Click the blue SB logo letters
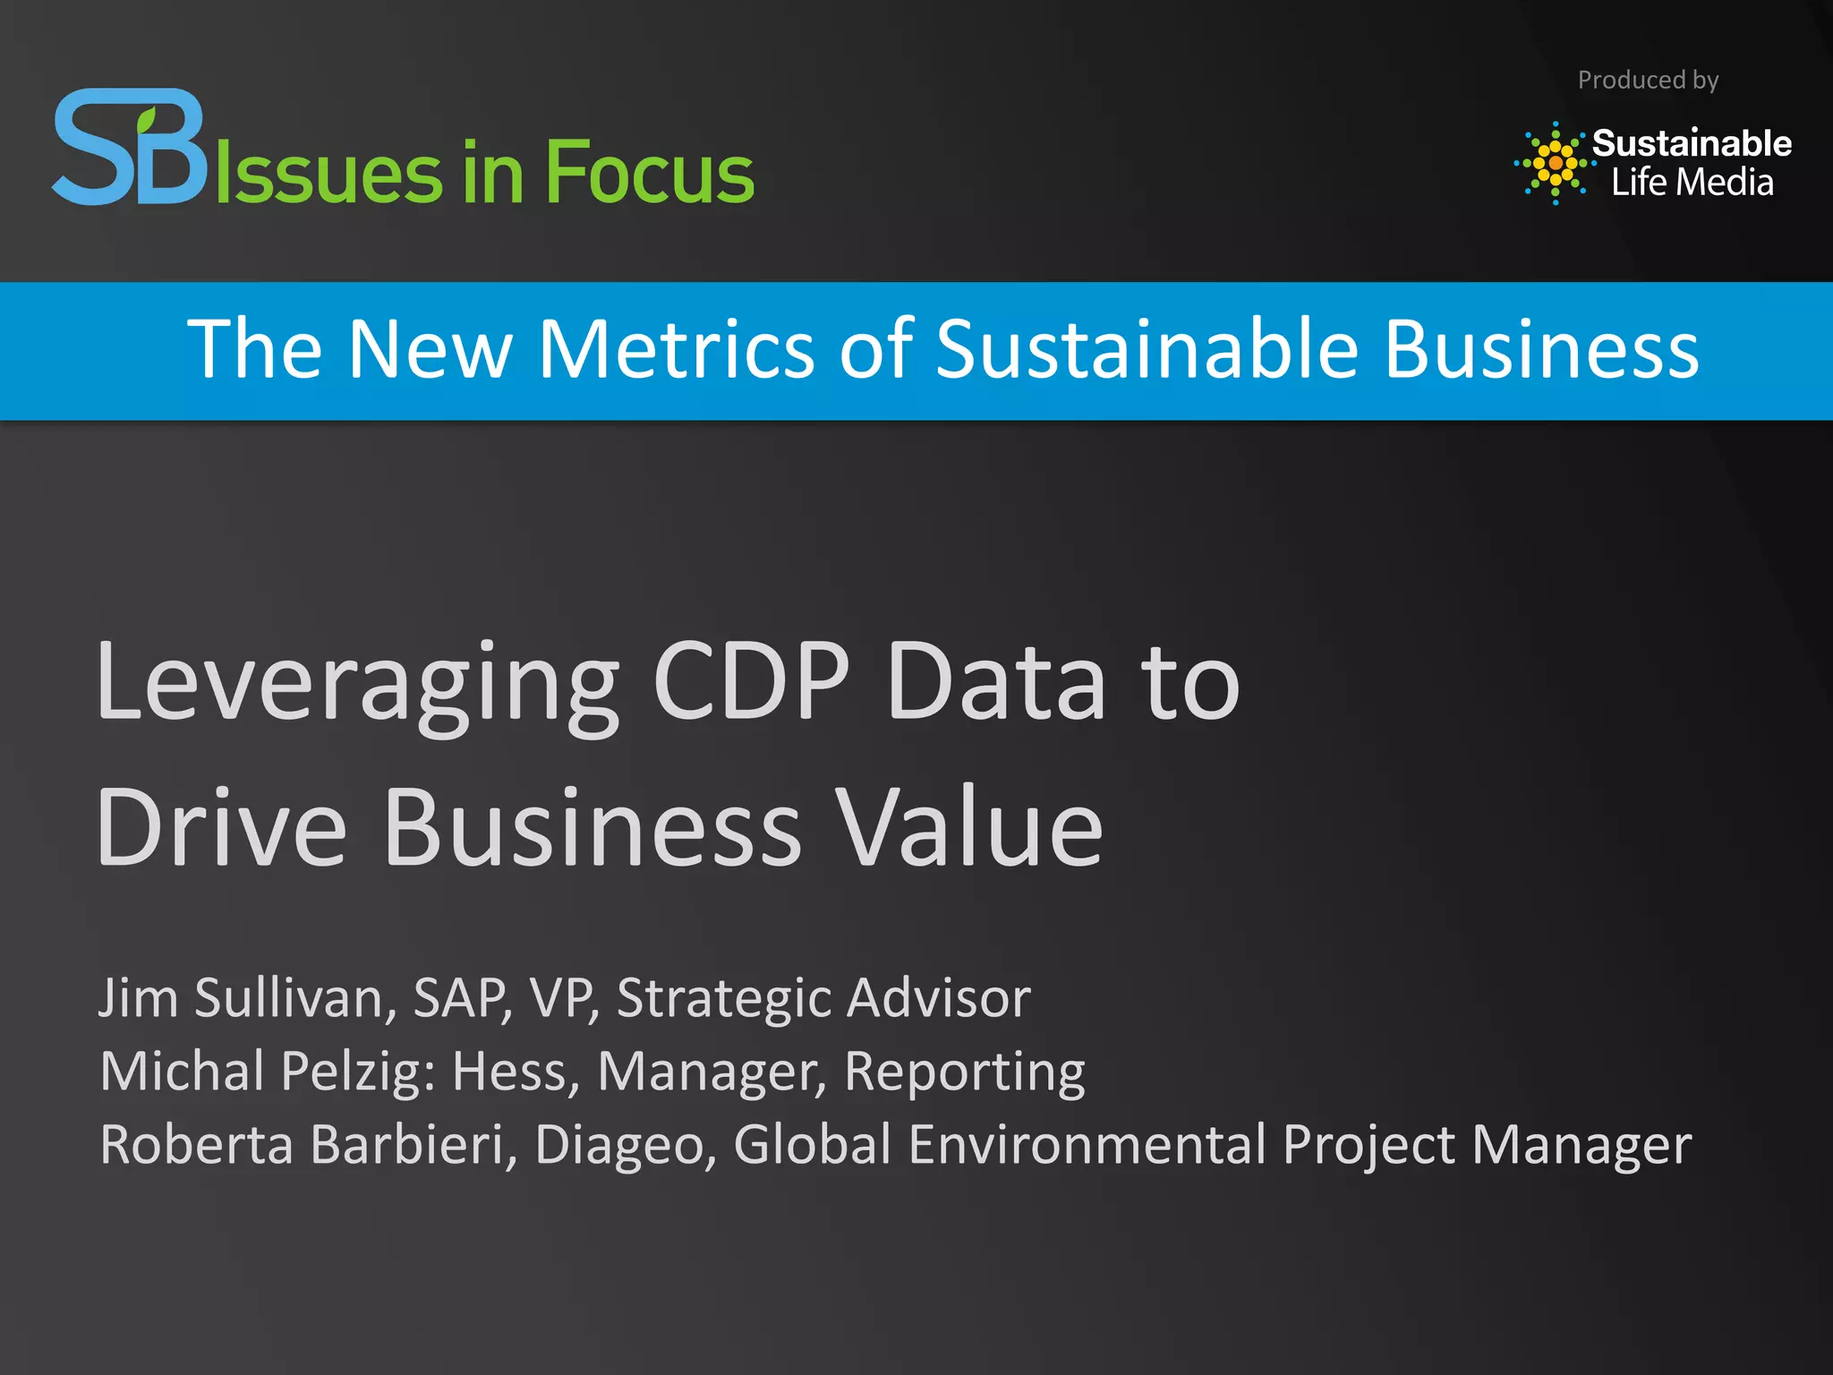[x=130, y=148]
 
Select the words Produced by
[x=1648, y=81]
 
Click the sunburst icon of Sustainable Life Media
[x=1556, y=163]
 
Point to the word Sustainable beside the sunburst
[x=1692, y=143]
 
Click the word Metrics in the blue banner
[x=676, y=349]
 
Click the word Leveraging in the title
[x=357, y=682]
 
